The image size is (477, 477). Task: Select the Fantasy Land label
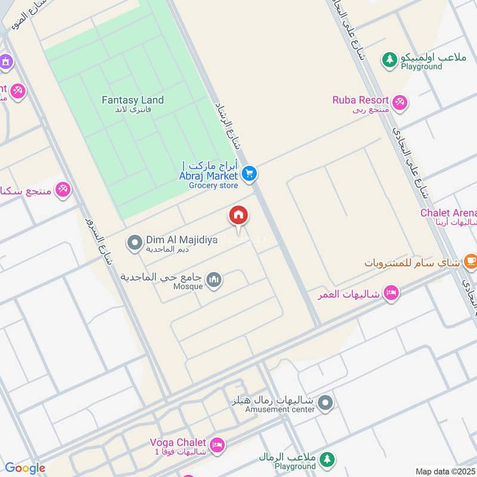pos(132,100)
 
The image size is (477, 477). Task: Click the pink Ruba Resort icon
pos(400,102)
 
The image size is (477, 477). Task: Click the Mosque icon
pos(214,279)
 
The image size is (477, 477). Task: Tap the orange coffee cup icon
pos(470,261)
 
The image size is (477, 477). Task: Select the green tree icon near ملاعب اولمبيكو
pos(389,59)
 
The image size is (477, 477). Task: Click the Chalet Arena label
pos(448,213)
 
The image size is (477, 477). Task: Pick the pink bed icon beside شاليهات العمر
pos(391,293)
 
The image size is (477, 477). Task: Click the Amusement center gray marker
pos(325,404)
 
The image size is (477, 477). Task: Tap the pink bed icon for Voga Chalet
pos(218,444)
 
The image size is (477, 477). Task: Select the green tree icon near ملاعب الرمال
pos(326,459)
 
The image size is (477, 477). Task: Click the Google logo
pos(25,468)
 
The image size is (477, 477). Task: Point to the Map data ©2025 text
pos(444,471)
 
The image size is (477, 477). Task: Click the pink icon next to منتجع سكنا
pos(63,190)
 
